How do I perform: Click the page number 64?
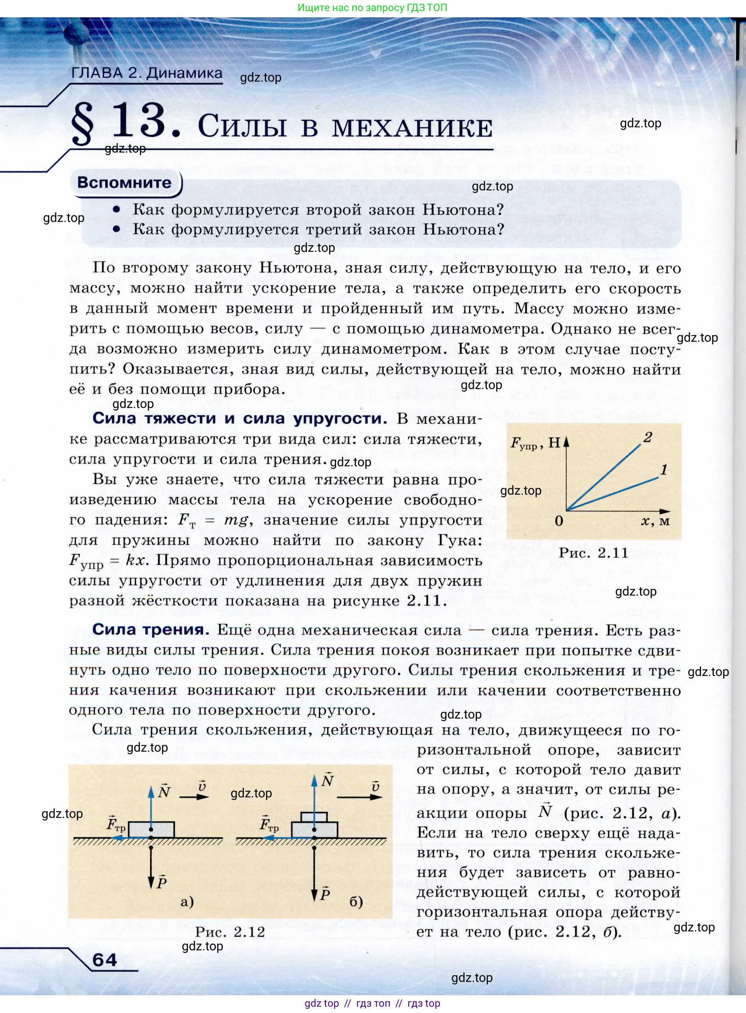coord(104,959)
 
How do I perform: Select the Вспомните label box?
coord(125,182)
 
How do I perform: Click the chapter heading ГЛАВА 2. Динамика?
coord(147,73)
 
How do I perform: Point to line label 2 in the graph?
coord(647,437)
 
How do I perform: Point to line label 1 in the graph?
coord(663,470)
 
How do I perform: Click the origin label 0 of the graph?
coord(559,521)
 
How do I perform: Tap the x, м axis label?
coord(655,521)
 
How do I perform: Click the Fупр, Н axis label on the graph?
coord(536,443)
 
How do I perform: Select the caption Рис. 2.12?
coord(230,932)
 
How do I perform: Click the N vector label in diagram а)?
coord(164,791)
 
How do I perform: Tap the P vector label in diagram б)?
coord(325,894)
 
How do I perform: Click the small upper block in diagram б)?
coord(314,817)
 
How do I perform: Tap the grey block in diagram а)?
coord(151,830)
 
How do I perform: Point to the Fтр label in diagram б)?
coord(269,824)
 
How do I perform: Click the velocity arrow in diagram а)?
coord(194,797)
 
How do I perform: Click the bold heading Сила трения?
coord(151,629)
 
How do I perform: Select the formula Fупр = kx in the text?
coord(108,561)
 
